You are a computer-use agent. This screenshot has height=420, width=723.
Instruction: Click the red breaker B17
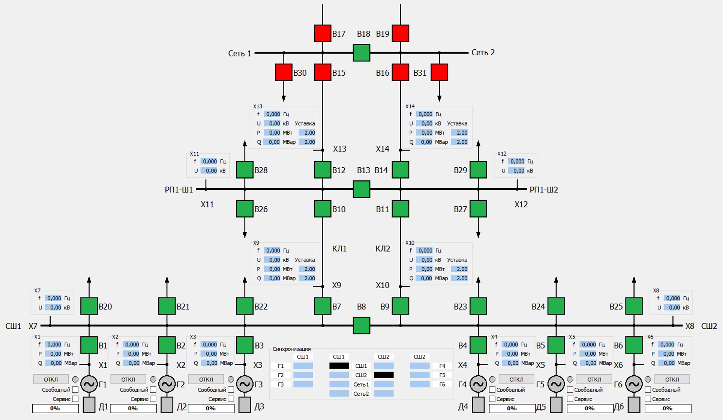click(x=322, y=33)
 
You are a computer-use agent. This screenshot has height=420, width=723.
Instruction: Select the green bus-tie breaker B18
click(x=361, y=53)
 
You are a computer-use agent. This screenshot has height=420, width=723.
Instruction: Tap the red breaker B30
click(x=283, y=72)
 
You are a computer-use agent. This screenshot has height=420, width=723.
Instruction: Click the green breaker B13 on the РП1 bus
click(x=361, y=189)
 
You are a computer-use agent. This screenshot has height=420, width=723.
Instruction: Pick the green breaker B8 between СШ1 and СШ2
click(x=361, y=325)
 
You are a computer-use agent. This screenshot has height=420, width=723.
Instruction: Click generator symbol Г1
click(x=89, y=384)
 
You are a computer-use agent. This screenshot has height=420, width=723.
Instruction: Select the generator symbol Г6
click(x=634, y=384)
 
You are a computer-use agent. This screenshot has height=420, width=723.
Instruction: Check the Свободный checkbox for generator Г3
click(x=231, y=390)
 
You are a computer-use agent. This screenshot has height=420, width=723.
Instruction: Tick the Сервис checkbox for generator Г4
click(x=492, y=399)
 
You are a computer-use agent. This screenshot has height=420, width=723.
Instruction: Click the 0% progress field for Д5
click(x=589, y=408)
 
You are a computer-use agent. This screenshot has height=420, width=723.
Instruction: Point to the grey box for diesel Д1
click(x=89, y=405)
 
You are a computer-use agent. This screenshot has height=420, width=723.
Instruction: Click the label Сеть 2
click(x=483, y=53)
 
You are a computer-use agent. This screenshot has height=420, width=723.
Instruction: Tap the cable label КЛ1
click(x=340, y=249)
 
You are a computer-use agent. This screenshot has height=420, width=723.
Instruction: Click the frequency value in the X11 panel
click(x=209, y=161)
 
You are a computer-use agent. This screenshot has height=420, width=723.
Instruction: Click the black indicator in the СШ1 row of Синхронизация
click(x=339, y=366)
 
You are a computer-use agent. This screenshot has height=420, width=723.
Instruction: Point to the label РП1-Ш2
click(x=544, y=190)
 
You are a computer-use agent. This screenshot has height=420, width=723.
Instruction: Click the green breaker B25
click(x=634, y=306)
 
